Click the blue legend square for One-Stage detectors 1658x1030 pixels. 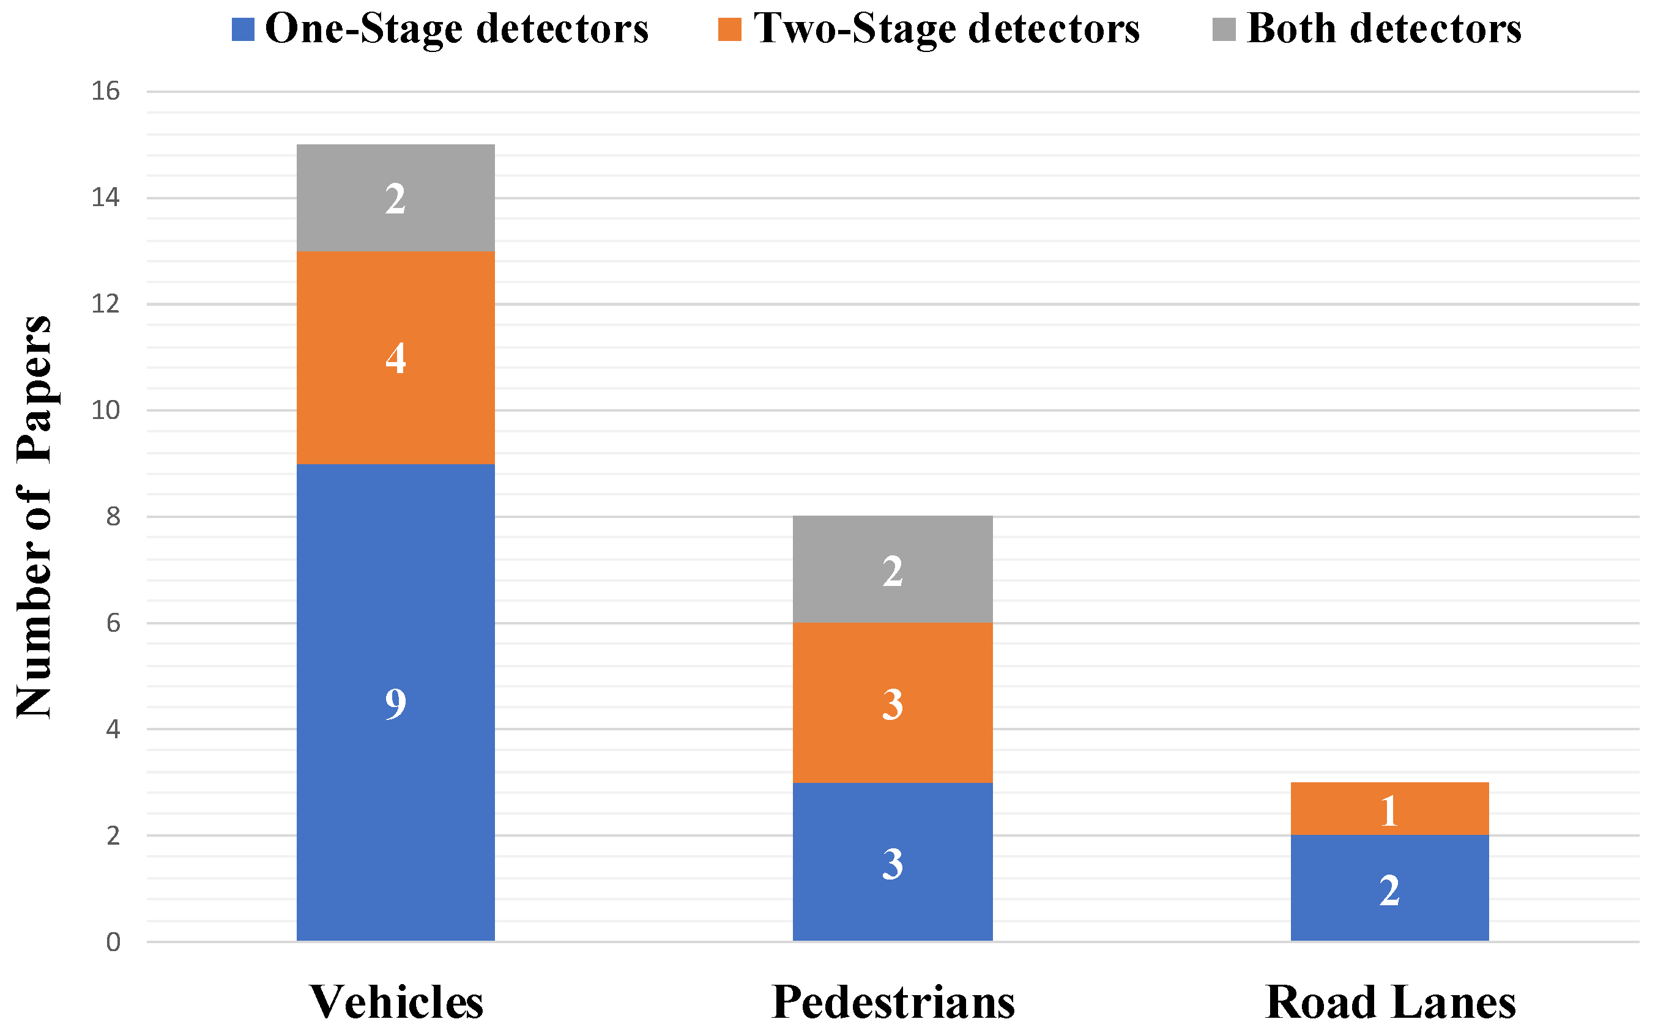click(x=243, y=29)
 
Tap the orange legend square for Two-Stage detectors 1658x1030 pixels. click(x=729, y=29)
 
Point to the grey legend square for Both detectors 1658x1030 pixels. click(x=1224, y=29)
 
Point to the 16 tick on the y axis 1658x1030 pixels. click(x=106, y=91)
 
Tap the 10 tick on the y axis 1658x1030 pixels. click(x=106, y=410)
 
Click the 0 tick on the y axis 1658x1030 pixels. click(x=113, y=942)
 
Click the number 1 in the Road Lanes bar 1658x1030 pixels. click(x=1389, y=810)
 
